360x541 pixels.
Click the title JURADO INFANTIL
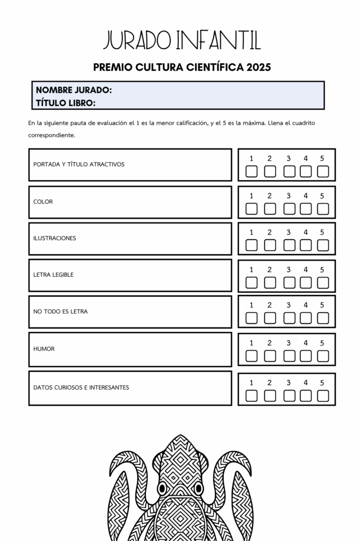click(182, 41)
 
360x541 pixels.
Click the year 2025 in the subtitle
click(259, 67)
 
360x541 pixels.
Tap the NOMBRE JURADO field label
click(74, 90)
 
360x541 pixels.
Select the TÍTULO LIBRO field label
click(65, 102)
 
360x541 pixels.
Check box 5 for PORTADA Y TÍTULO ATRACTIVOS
click(323, 171)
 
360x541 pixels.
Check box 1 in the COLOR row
click(252, 209)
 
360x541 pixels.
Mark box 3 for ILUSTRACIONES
click(289, 245)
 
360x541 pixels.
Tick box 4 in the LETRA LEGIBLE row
click(306, 283)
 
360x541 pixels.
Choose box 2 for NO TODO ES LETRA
click(270, 318)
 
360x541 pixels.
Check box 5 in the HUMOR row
click(323, 356)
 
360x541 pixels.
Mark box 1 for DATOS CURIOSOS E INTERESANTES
click(252, 396)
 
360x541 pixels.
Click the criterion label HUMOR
click(44, 349)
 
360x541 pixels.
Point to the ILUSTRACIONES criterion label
click(54, 238)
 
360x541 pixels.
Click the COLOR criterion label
click(43, 202)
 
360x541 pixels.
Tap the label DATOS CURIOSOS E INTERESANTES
click(81, 387)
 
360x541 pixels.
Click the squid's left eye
click(163, 487)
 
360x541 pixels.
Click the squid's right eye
click(198, 487)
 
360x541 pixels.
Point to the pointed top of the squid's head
click(181, 436)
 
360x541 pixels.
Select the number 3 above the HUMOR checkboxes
click(288, 343)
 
